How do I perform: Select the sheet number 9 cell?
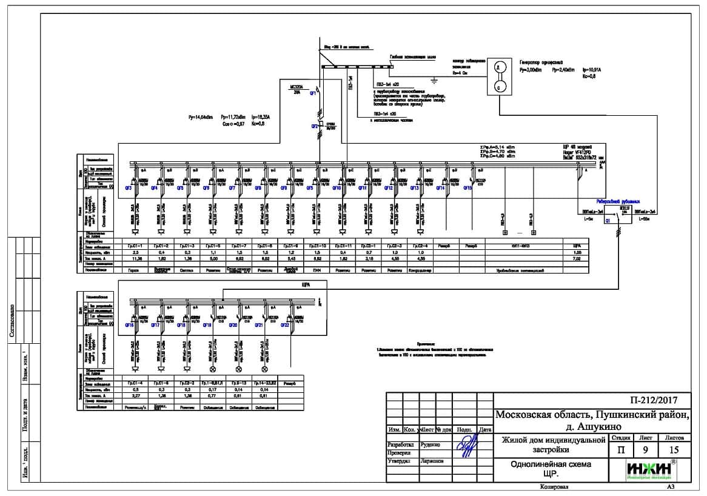(649, 450)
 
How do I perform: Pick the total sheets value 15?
(674, 450)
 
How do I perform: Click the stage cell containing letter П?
(622, 450)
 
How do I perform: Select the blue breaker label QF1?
(313, 95)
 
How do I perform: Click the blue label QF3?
(129, 189)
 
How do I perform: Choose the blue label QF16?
(129, 326)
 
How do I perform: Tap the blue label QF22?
(284, 326)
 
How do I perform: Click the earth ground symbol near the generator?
(434, 79)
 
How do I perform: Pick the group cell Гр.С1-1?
(135, 246)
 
